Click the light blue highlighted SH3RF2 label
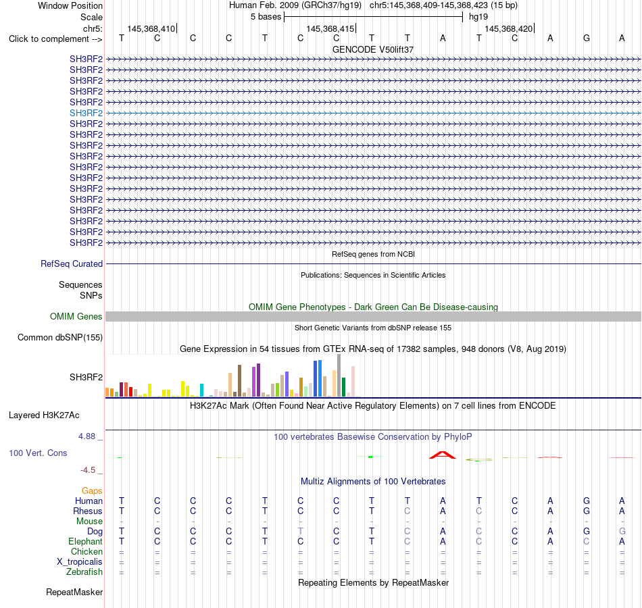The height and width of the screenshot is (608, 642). [x=86, y=113]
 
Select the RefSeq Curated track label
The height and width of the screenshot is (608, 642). [x=72, y=263]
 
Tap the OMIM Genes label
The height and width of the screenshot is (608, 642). [x=76, y=316]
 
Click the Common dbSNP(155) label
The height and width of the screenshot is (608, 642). [x=60, y=337]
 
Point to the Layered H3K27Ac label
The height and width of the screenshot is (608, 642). [x=44, y=415]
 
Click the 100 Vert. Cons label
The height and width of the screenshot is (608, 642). [x=38, y=453]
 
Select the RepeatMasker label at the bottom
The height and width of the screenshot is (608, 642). [x=74, y=592]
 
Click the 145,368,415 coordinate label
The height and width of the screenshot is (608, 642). [x=330, y=28]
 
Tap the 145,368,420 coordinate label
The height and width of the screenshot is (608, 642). [x=508, y=28]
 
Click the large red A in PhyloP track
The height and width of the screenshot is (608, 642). [x=442, y=455]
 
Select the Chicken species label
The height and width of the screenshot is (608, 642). [x=87, y=551]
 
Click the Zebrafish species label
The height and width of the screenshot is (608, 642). [x=84, y=572]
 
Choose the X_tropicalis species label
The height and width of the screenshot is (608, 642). [x=80, y=562]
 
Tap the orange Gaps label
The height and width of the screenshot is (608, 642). [x=92, y=491]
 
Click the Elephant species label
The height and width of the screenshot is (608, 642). [x=86, y=542]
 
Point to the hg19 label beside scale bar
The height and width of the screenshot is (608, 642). [x=478, y=17]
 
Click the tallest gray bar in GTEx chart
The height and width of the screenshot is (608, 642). [x=339, y=376]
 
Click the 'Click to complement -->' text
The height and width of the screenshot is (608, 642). [x=55, y=39]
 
